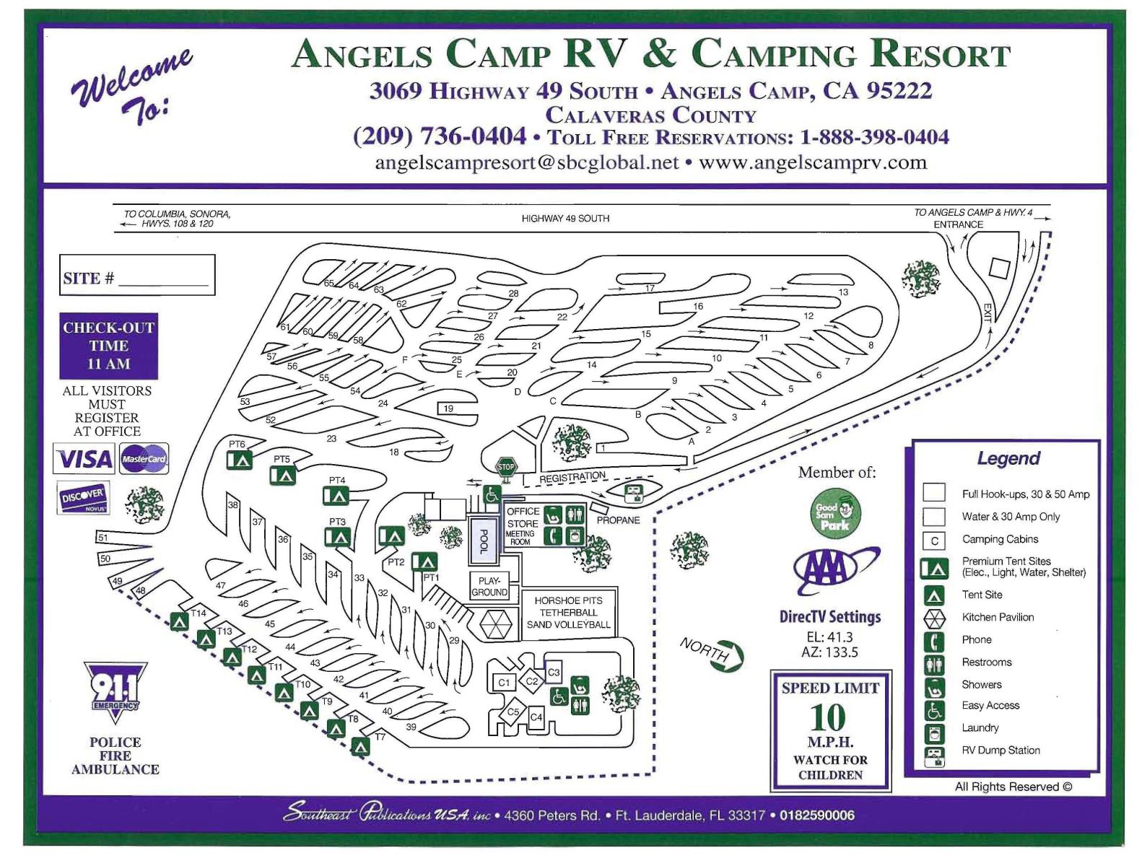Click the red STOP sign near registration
pyautogui.click(x=506, y=467)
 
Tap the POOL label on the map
pyautogui.click(x=484, y=541)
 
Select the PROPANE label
pyautogui.click(x=618, y=520)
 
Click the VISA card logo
pyautogui.click(x=84, y=459)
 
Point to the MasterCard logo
pyautogui.click(x=144, y=459)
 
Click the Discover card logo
pyautogui.click(x=84, y=497)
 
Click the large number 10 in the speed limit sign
pyautogui.click(x=828, y=718)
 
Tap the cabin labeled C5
pyautogui.click(x=513, y=712)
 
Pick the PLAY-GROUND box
pyautogui.click(x=489, y=586)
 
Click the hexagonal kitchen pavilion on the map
pyautogui.click(x=495, y=624)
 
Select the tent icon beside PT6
pyautogui.click(x=240, y=460)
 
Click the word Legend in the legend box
pyautogui.click(x=1008, y=458)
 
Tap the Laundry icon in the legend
pyautogui.click(x=935, y=734)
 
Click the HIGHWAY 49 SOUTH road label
pyautogui.click(x=565, y=218)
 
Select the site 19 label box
pyautogui.click(x=448, y=408)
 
